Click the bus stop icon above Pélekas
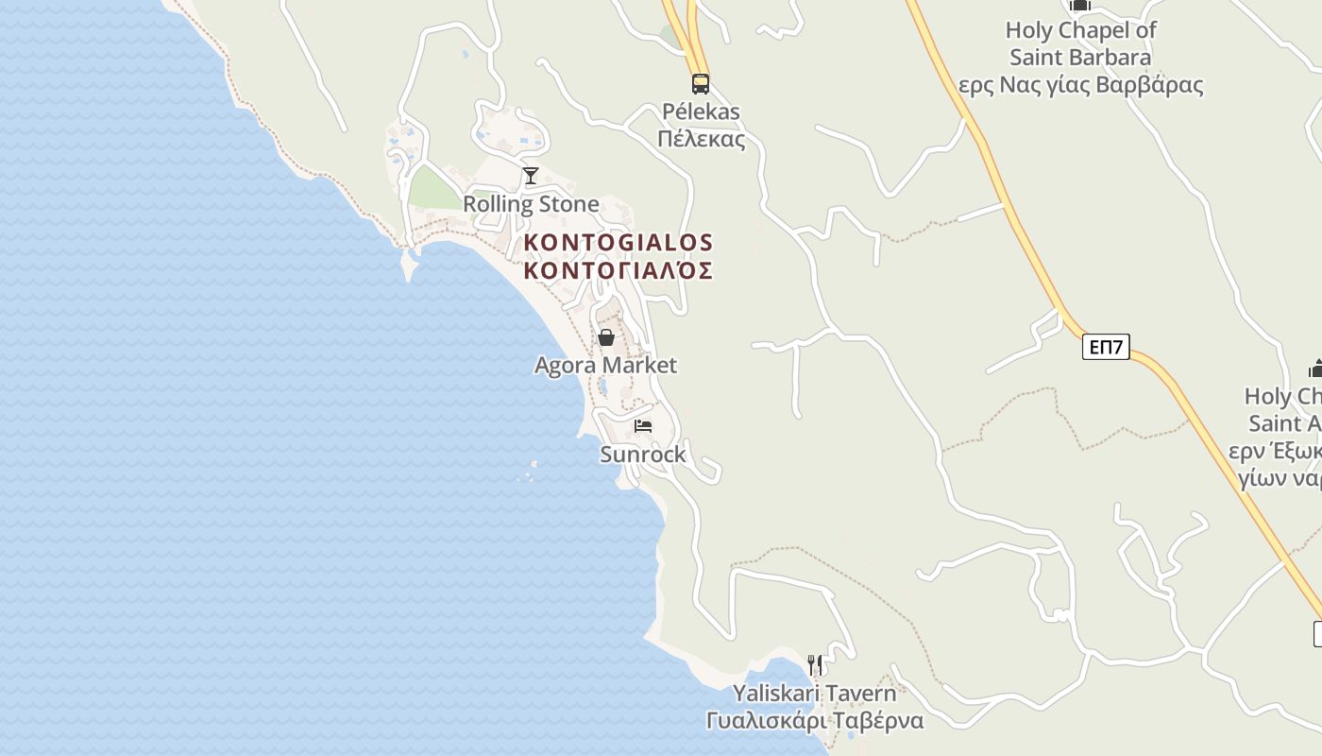[700, 83]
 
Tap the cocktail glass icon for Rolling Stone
[531, 176]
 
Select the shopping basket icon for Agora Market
[606, 337]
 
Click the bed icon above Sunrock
[643, 426]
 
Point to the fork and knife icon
[815, 665]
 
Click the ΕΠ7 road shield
[1106, 347]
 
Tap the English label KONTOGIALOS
[619, 243]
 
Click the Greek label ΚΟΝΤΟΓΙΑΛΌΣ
[619, 271]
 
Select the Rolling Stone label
[531, 204]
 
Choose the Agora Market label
[606, 365]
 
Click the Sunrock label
[643, 455]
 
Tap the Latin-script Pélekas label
[701, 112]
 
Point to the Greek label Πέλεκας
[701, 140]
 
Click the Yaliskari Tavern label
[814, 693]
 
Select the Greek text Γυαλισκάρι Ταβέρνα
[814, 720]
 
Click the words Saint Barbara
[1081, 58]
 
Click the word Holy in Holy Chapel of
[1028, 30]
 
